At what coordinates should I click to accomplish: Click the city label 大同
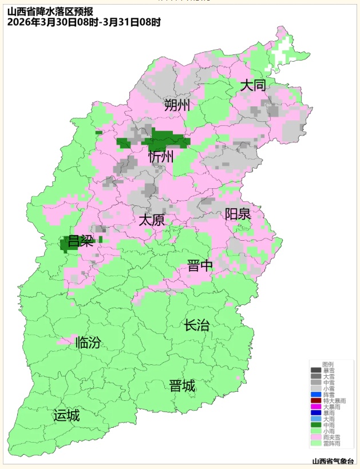point(253,86)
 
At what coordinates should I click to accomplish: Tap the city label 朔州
point(177,105)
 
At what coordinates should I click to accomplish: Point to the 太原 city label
point(152,220)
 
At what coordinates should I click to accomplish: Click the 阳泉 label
point(238,214)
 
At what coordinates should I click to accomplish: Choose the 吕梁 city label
point(81,241)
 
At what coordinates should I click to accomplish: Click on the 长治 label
point(197,325)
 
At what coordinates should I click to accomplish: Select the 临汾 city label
point(88,343)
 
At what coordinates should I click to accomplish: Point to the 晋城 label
point(182,386)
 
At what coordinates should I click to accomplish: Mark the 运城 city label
point(66,415)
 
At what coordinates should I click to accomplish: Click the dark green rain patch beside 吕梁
point(69,245)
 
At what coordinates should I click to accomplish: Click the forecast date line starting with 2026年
point(84,22)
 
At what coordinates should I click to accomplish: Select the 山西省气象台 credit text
point(333,461)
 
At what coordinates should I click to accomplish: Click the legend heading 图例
point(328,364)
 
